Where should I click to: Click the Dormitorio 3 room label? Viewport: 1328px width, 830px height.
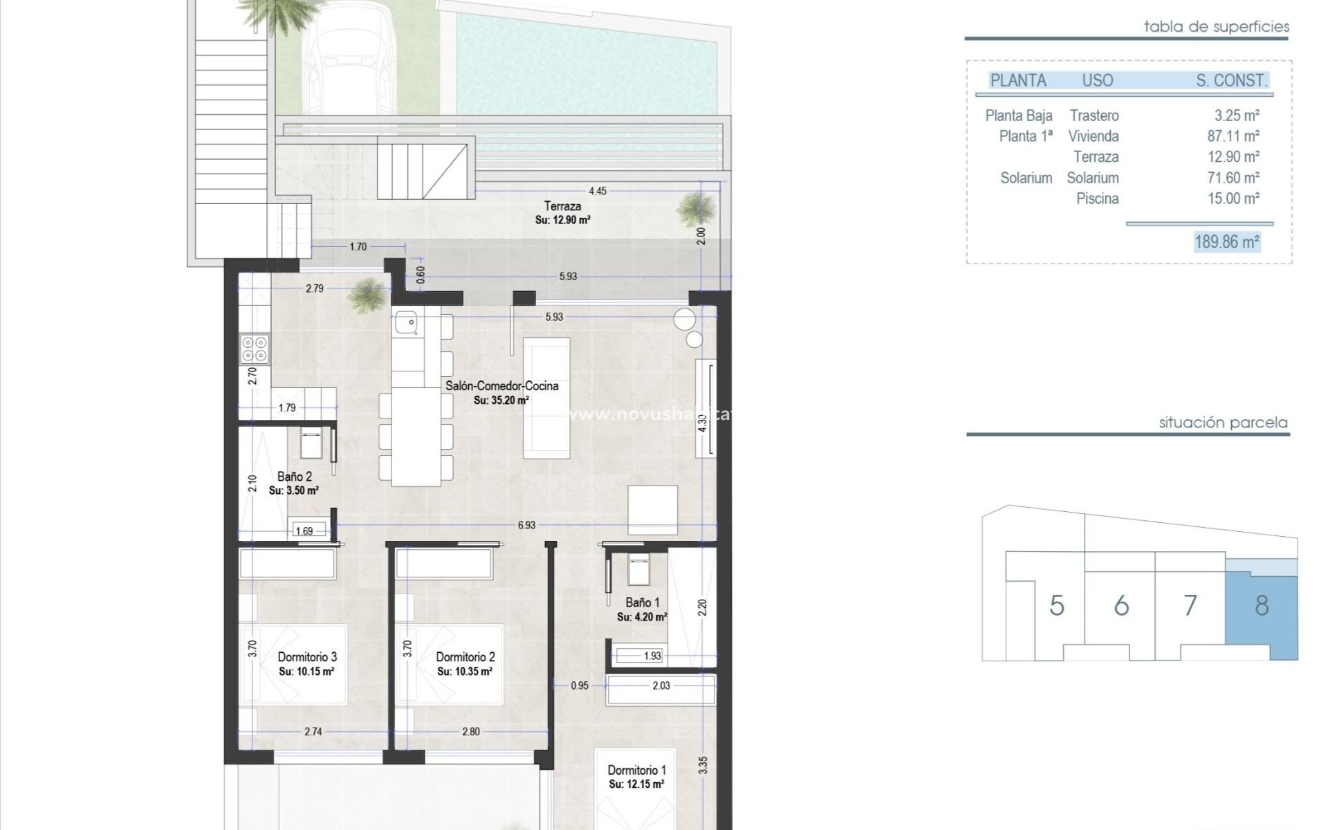coord(307,657)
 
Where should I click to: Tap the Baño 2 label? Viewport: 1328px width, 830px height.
coord(295,477)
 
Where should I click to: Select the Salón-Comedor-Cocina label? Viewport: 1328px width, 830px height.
coord(501,386)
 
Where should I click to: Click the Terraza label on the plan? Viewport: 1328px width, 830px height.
coord(562,206)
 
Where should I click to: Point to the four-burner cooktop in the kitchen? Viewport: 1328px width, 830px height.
coord(254,349)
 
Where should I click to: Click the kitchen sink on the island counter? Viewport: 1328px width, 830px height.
coord(405,322)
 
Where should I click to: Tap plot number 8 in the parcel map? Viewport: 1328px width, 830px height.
coord(1262,606)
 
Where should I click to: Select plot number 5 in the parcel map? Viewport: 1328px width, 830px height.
coord(1056,606)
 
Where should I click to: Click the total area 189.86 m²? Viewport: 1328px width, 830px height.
coord(1227,242)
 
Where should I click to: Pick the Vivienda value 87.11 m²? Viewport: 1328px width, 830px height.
coord(1233,136)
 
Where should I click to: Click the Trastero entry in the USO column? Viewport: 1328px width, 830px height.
coord(1094,116)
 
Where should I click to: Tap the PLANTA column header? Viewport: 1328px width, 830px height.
coord(1018,80)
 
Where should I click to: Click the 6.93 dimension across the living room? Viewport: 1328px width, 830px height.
coord(526,525)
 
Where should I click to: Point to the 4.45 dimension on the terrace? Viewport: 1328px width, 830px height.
coord(597,191)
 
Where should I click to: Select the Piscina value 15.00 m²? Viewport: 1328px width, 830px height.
coord(1233,199)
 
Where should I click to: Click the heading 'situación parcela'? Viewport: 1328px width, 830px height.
coord(1223,423)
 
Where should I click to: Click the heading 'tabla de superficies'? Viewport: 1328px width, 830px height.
coord(1216,27)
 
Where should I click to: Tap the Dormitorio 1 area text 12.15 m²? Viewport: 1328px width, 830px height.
coord(637,784)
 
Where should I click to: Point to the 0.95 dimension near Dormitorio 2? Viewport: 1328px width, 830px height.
coord(580,685)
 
